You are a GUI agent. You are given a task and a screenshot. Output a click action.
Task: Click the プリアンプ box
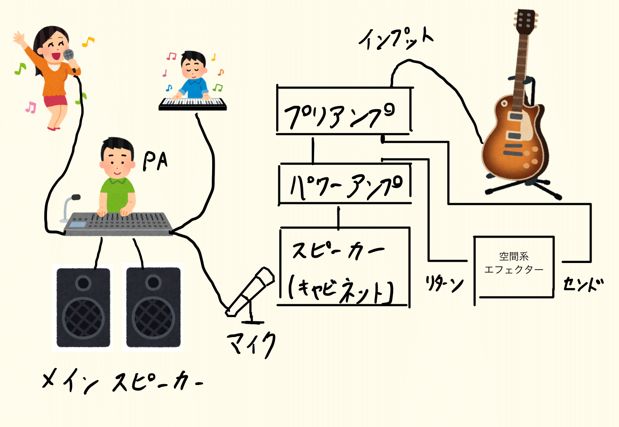point(343,112)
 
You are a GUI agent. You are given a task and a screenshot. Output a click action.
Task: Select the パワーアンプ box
point(345,184)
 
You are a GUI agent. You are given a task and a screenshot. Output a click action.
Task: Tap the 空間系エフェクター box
point(514,266)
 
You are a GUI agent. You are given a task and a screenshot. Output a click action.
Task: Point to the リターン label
point(444,284)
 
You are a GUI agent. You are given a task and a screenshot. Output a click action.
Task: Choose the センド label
point(583,284)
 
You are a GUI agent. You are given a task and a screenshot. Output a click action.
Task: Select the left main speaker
point(83,307)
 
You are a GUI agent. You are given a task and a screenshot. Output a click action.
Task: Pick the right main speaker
point(153,307)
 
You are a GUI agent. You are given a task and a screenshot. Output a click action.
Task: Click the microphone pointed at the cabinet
point(250,291)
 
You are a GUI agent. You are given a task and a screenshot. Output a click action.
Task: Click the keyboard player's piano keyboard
point(193,103)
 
